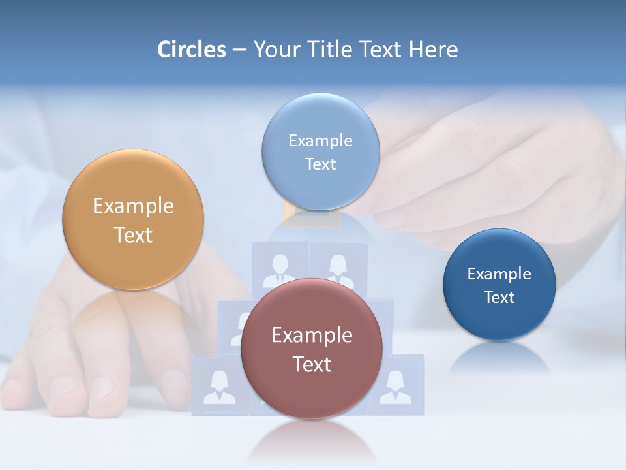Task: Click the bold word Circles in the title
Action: coord(191,50)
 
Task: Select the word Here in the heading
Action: coord(433,50)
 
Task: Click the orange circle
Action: coord(133,219)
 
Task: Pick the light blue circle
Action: coord(320,152)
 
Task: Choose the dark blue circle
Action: coord(499,285)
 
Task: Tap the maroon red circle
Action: coord(312,349)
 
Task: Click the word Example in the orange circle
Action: coord(133,206)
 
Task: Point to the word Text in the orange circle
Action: coord(133,235)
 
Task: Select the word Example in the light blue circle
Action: coord(320,140)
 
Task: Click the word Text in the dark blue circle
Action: coord(499,298)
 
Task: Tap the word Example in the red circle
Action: coord(312,335)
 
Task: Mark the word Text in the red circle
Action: coord(312,364)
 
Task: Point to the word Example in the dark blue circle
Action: coord(499,274)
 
